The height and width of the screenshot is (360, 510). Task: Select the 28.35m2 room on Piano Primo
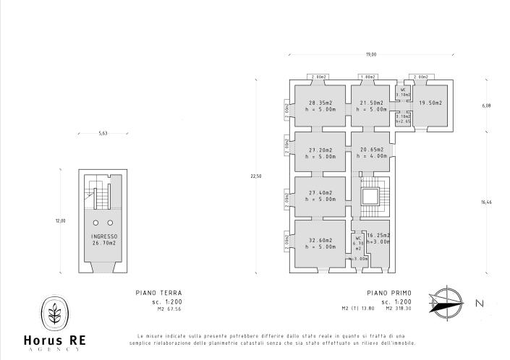point(320,106)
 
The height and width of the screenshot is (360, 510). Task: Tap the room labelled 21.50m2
point(370,106)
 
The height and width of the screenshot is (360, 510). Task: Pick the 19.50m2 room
point(430,103)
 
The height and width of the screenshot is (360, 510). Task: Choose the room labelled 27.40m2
point(320,197)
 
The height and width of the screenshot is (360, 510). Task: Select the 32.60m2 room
point(320,243)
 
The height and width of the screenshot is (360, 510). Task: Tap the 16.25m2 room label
point(378,239)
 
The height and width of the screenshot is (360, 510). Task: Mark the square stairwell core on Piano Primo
point(370,197)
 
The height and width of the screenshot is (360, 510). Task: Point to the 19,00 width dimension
point(370,54)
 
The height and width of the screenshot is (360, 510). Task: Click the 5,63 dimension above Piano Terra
point(103,133)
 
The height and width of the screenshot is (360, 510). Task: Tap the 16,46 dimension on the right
point(485,203)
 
